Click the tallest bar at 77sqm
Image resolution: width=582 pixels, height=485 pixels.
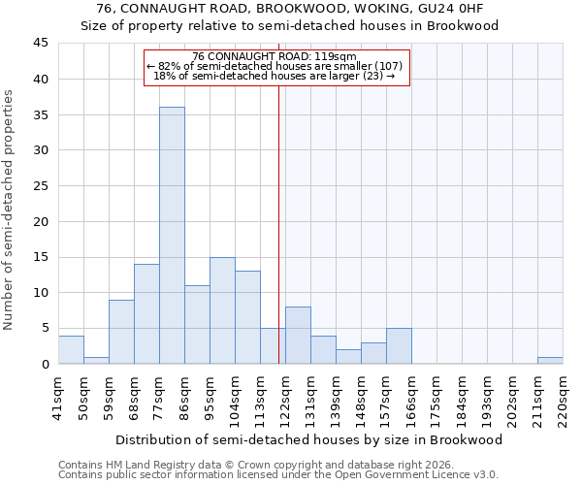[172, 235]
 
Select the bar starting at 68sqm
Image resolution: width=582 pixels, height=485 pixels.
[146, 313]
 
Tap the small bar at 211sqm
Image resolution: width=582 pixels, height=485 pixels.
[550, 360]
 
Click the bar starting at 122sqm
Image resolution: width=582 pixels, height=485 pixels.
[298, 335]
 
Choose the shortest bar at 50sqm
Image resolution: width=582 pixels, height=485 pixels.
[96, 360]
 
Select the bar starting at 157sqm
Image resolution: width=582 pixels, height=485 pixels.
[399, 345]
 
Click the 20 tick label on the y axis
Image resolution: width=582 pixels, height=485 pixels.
[41, 221]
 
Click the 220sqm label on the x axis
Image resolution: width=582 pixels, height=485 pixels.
[564, 398]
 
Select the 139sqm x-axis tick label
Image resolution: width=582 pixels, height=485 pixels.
[337, 398]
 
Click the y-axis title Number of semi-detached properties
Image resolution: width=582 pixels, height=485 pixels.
[9, 210]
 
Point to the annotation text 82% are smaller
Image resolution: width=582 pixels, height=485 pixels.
[275, 66]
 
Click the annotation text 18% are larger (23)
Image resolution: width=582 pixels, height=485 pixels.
[275, 76]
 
